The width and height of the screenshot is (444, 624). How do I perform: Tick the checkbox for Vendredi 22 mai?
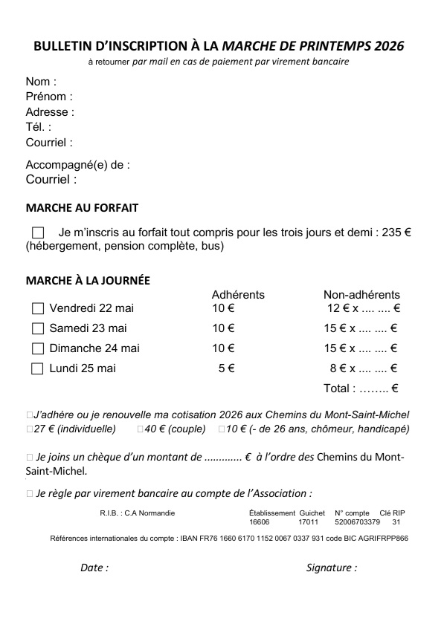[38, 308]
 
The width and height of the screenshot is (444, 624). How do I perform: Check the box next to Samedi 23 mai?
[38, 328]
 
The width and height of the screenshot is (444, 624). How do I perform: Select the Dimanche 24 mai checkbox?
[38, 348]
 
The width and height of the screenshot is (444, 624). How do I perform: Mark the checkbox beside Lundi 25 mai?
[38, 368]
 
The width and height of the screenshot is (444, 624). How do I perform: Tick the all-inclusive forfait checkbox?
[38, 233]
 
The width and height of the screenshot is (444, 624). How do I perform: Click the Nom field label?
[41, 82]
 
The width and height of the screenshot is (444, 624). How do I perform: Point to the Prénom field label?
[49, 97]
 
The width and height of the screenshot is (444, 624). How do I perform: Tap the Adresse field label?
[50, 112]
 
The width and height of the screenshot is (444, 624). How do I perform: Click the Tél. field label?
[39, 127]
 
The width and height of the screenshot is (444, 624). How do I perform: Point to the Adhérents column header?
[238, 295]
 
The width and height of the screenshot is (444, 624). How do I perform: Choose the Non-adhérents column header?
[361, 295]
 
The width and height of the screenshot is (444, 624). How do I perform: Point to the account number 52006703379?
[362, 522]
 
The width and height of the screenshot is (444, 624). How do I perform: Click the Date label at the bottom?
[94, 568]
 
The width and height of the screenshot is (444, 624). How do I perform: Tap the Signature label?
[331, 568]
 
